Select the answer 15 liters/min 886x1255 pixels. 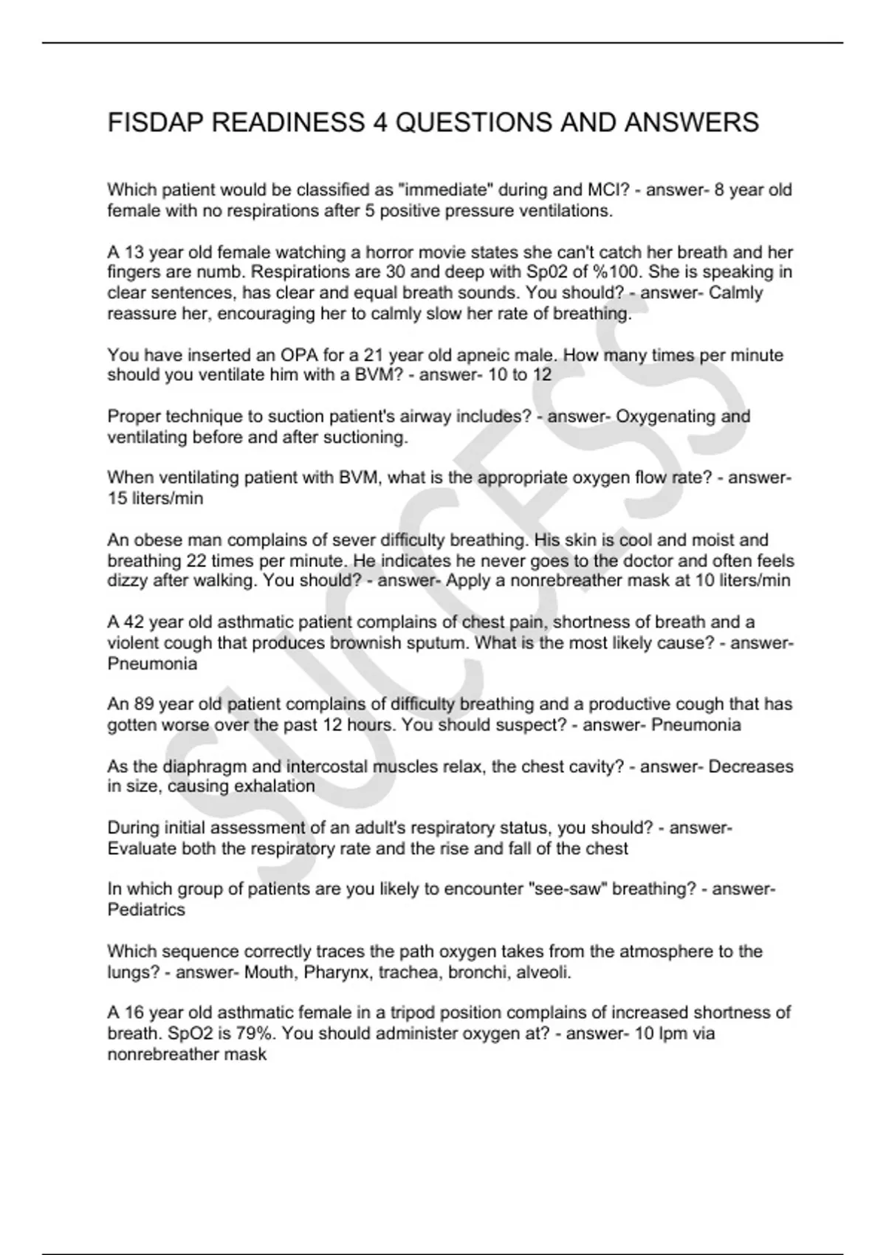pos(155,498)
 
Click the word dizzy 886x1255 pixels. pos(128,581)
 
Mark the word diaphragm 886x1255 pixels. pos(201,766)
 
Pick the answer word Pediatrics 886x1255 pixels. pos(146,910)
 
